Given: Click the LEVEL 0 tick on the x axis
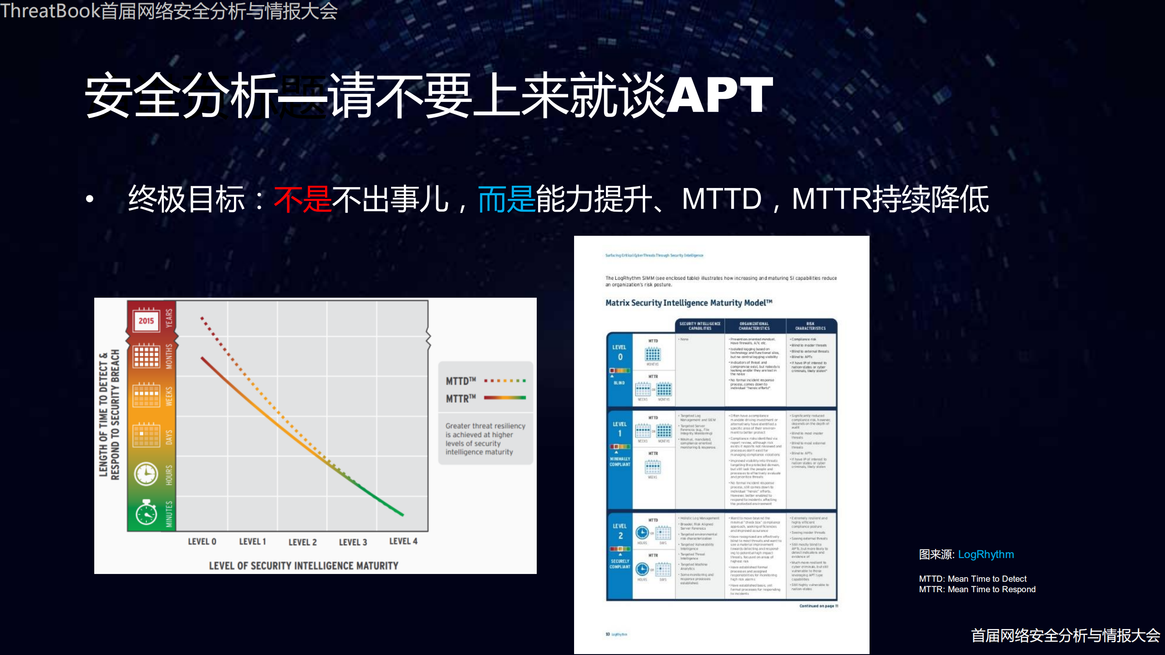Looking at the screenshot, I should click(202, 541).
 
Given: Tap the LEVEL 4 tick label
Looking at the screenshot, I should click(403, 541).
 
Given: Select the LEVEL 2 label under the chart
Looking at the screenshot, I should click(302, 542).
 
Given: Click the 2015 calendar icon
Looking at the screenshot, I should click(146, 320).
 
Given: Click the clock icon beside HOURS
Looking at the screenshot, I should click(146, 474).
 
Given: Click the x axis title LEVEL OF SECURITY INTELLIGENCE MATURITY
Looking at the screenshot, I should click(303, 565).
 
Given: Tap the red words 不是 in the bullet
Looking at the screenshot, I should click(302, 199).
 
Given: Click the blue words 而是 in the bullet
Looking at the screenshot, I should click(506, 199).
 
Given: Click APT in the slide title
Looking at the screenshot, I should click(719, 95).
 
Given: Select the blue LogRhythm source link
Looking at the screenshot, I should click(986, 554).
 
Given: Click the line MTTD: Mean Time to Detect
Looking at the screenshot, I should click(972, 579).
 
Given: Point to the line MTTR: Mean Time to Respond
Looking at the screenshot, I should click(977, 589).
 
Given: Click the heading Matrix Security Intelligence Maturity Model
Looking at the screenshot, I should click(688, 303).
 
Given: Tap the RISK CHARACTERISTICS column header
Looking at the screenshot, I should click(810, 326).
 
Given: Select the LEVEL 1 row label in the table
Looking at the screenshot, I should click(620, 428).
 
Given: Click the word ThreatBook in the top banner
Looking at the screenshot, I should click(50, 10).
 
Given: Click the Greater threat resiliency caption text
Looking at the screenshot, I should click(485, 438).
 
